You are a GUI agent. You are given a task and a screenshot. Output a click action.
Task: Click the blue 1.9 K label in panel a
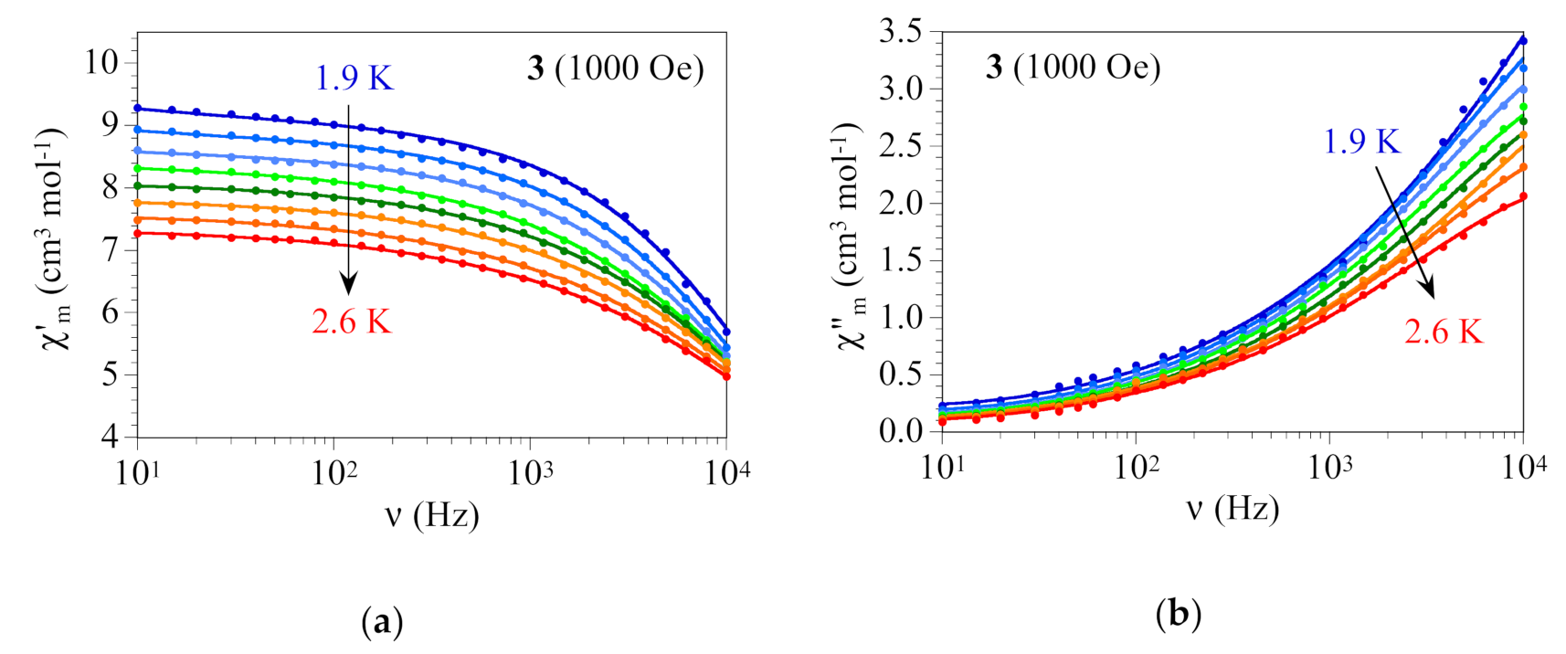354,79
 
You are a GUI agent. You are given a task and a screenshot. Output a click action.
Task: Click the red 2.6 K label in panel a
352,322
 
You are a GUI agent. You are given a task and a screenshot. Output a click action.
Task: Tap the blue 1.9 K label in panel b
1361,142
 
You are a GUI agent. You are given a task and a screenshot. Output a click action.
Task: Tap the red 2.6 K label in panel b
1444,332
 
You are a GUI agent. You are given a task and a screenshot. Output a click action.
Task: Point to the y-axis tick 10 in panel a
101,63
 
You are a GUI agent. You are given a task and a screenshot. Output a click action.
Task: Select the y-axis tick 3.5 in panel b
901,33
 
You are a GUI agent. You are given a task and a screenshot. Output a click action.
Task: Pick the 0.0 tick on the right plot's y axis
901,431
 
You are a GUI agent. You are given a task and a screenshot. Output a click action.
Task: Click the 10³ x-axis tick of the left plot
531,472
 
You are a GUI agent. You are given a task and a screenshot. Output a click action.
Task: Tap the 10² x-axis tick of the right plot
1136,467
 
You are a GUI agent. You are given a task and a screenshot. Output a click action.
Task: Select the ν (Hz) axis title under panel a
431,516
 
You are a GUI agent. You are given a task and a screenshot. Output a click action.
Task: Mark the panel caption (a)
382,624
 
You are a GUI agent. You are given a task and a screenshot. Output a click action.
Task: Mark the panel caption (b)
1178,613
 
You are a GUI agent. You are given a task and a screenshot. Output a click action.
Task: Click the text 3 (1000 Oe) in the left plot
615,69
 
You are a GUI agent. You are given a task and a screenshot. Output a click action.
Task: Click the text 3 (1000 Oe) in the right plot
1073,67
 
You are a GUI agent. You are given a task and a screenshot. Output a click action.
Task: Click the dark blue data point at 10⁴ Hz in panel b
1522,41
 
